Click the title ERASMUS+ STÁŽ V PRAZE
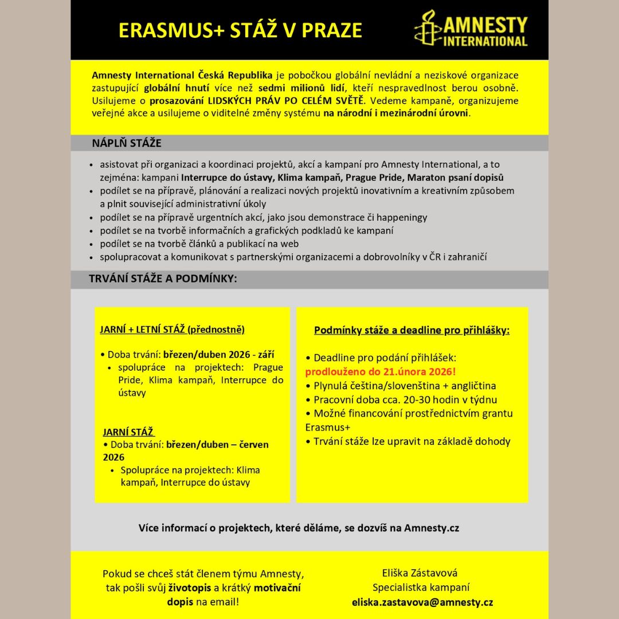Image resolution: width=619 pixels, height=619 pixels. click(x=240, y=30)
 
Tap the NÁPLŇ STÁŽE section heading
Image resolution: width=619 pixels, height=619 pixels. click(x=126, y=143)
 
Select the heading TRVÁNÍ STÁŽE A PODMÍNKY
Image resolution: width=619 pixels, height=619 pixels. click(x=163, y=279)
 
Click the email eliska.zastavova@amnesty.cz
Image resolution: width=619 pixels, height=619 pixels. click(x=422, y=602)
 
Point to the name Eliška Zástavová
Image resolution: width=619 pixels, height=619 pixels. click(x=420, y=573)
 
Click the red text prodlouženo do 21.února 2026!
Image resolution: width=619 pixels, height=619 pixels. click(x=380, y=371)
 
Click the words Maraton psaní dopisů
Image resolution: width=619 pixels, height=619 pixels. click(x=456, y=178)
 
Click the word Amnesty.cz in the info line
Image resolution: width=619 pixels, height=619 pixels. click(x=431, y=528)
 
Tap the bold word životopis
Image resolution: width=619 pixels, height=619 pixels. click(x=190, y=588)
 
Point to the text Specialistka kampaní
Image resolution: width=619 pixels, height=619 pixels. click(x=421, y=587)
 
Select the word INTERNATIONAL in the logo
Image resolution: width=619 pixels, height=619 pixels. click(x=485, y=41)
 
